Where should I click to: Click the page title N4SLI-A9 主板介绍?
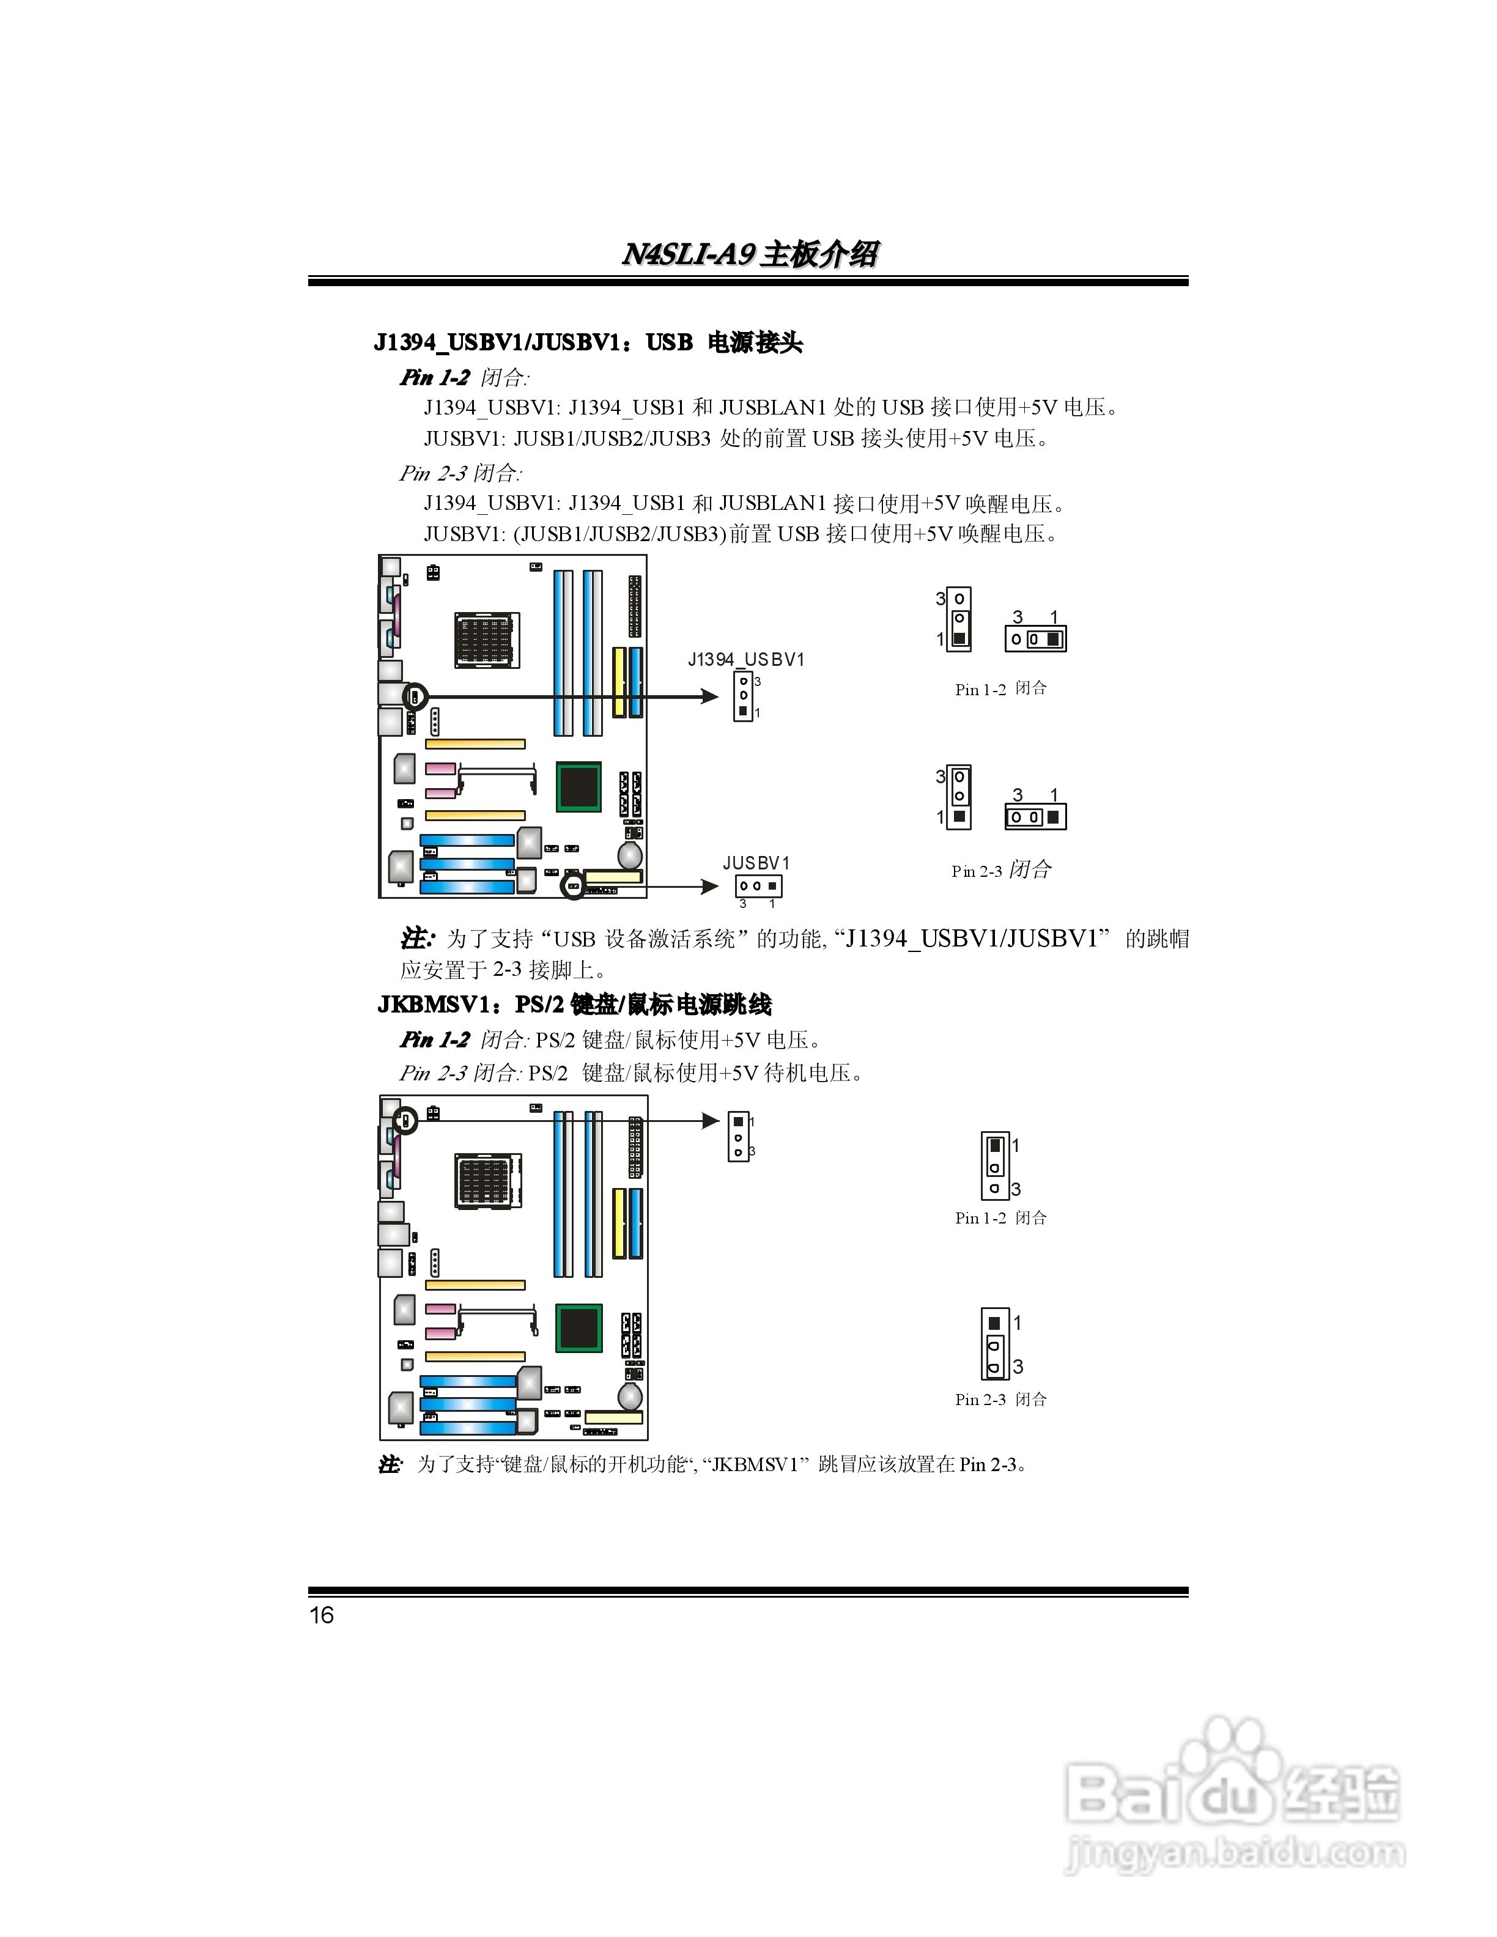(749, 254)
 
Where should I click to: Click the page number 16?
(321, 1615)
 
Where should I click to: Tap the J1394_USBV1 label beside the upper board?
(746, 659)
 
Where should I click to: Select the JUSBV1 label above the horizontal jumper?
(756, 863)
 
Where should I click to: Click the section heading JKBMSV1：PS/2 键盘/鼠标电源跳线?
(575, 1005)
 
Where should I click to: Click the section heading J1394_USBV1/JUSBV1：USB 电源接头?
(588, 342)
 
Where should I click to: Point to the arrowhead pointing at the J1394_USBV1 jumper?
(709, 696)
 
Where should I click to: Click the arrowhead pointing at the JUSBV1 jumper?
(709, 886)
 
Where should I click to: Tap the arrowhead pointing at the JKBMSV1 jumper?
(711, 1121)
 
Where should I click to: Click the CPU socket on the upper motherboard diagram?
(486, 640)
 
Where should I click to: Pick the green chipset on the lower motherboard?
(579, 1327)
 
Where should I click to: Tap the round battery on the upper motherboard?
(630, 855)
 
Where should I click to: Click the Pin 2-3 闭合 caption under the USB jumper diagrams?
(1001, 870)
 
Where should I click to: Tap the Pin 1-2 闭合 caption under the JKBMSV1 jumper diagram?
(1000, 1218)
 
